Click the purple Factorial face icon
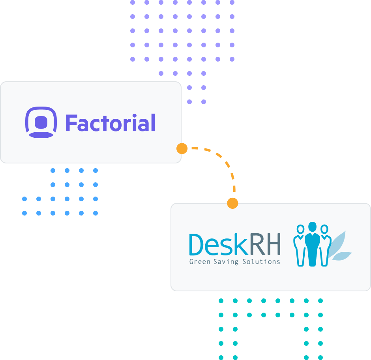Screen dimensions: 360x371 [x=41, y=122]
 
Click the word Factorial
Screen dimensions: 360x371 [x=110, y=123]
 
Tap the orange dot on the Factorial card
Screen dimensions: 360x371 [x=182, y=148]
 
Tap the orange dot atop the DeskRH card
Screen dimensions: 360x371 [x=232, y=203]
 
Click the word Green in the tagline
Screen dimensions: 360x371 [x=199, y=261]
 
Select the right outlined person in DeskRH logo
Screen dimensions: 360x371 [x=324, y=247]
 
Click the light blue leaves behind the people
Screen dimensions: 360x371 [x=341, y=247]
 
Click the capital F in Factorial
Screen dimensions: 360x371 [x=71, y=123]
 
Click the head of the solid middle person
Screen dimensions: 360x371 [x=312, y=227]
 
